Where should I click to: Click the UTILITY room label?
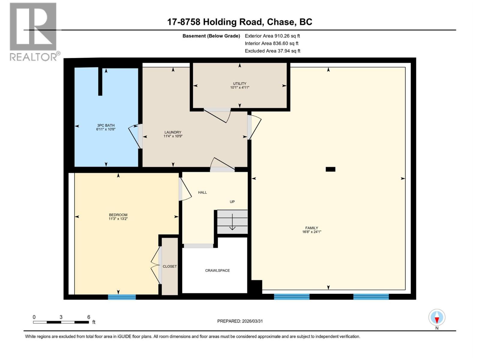coord(239,84)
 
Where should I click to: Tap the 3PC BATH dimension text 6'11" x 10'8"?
coord(106,129)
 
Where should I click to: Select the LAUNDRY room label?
coord(173,132)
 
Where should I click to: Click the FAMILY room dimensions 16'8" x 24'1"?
coord(312,232)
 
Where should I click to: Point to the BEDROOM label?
coord(118,215)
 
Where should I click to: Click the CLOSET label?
coord(169,266)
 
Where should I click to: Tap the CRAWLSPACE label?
coord(217,271)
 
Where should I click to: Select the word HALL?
coord(202,193)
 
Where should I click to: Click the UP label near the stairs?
coord(232,202)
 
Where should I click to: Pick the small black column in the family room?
coord(330,169)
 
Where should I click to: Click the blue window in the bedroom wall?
coord(122,297)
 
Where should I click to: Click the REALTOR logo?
coord(33,31)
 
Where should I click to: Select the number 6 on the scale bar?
coord(89,317)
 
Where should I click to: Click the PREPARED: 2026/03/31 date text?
coord(240,321)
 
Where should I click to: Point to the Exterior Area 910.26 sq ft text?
coord(272,36)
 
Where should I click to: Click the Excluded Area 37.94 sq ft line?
coord(272,51)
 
